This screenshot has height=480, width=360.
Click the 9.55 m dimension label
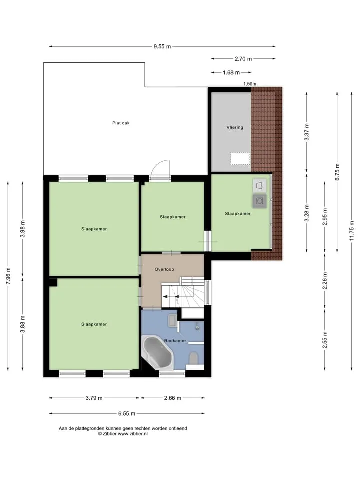point(162,47)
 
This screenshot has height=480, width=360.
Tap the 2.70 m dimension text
point(243,59)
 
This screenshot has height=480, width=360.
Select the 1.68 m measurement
point(231,73)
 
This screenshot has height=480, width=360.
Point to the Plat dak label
point(121,123)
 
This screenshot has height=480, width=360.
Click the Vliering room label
point(235,127)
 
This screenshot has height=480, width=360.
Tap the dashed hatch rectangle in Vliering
point(240,159)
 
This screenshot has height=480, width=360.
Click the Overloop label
point(164,269)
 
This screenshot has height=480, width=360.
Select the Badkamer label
point(175,341)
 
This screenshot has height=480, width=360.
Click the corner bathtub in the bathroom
point(157,352)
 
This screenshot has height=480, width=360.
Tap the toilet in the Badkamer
point(194,358)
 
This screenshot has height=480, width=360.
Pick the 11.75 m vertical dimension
point(352,231)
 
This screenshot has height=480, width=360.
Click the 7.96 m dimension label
point(8,276)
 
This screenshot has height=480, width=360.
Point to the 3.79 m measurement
point(94,398)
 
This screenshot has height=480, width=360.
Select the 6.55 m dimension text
point(126,414)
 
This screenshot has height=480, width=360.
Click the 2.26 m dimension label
point(325,281)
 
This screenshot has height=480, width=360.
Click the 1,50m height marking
point(250,84)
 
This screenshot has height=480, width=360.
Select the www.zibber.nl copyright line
point(123,434)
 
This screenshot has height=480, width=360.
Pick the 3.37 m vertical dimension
point(307,132)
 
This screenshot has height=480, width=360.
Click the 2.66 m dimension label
point(173,398)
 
